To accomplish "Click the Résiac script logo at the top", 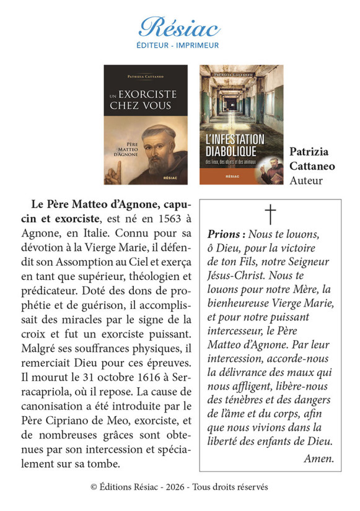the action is coord(179,27).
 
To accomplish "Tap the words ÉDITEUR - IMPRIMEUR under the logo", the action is coord(179,45).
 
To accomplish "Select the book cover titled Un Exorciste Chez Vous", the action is coord(145,124).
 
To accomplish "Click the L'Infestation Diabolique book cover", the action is coord(241,124).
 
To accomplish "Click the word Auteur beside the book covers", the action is coord(306,180).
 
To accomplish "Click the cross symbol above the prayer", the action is coord(270,214).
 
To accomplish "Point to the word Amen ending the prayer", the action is coord(319,458).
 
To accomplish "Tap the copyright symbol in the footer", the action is coord(94,487).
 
